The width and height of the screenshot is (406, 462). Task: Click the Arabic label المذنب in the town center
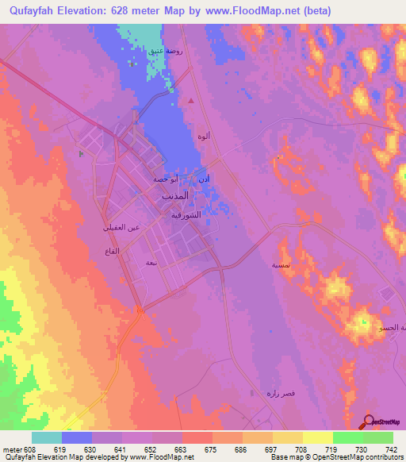tap(175, 195)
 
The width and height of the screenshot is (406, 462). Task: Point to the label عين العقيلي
tap(121, 228)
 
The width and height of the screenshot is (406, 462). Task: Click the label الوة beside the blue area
tap(204, 136)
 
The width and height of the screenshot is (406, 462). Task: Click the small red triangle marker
tap(191, 101)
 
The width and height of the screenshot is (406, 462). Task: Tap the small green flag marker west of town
tap(81, 153)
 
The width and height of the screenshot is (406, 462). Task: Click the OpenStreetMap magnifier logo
tap(369, 422)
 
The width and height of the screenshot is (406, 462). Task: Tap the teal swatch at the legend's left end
tap(47, 437)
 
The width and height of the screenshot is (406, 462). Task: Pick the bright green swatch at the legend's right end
tap(377, 437)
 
